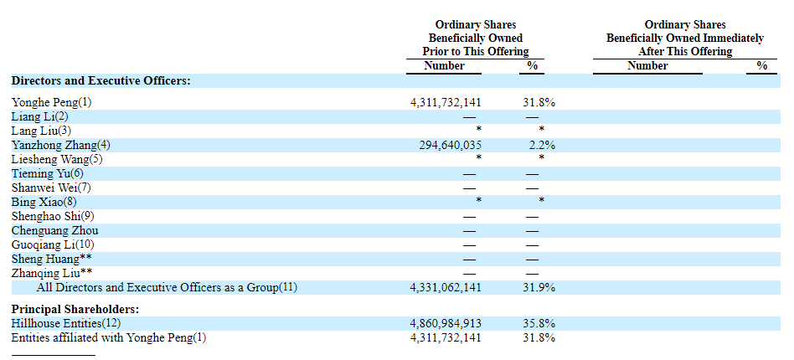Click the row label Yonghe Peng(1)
(51, 102)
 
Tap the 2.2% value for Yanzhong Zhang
(541, 145)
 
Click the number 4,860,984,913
(446, 323)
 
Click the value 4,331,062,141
(446, 287)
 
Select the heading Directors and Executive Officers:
(101, 80)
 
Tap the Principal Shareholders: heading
(75, 309)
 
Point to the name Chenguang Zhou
(54, 230)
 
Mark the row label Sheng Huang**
(52, 259)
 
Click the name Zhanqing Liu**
(52, 273)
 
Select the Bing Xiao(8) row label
(44, 202)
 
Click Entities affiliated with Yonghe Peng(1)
(108, 337)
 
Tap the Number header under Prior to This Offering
(444, 65)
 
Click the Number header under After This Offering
(647, 65)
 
